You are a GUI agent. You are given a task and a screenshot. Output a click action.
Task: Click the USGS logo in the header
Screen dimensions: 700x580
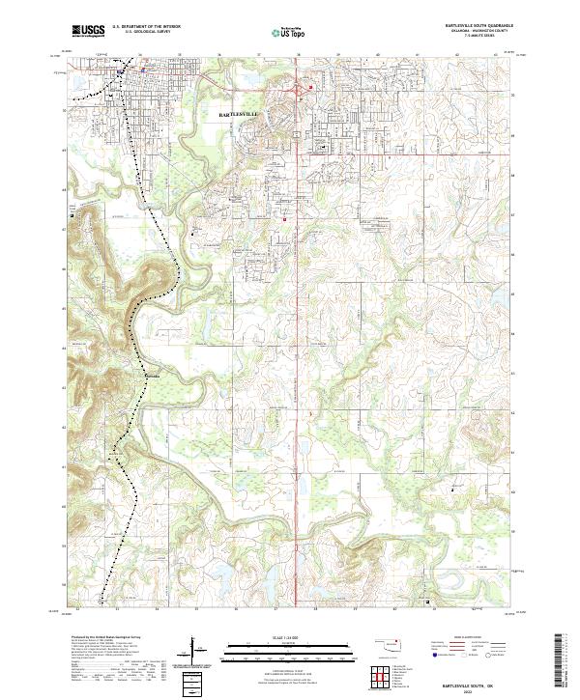[88, 30]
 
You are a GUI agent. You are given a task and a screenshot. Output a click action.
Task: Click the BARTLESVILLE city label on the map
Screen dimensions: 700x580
[241, 114]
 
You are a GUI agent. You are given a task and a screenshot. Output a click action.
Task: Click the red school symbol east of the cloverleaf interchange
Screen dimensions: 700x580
[311, 89]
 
